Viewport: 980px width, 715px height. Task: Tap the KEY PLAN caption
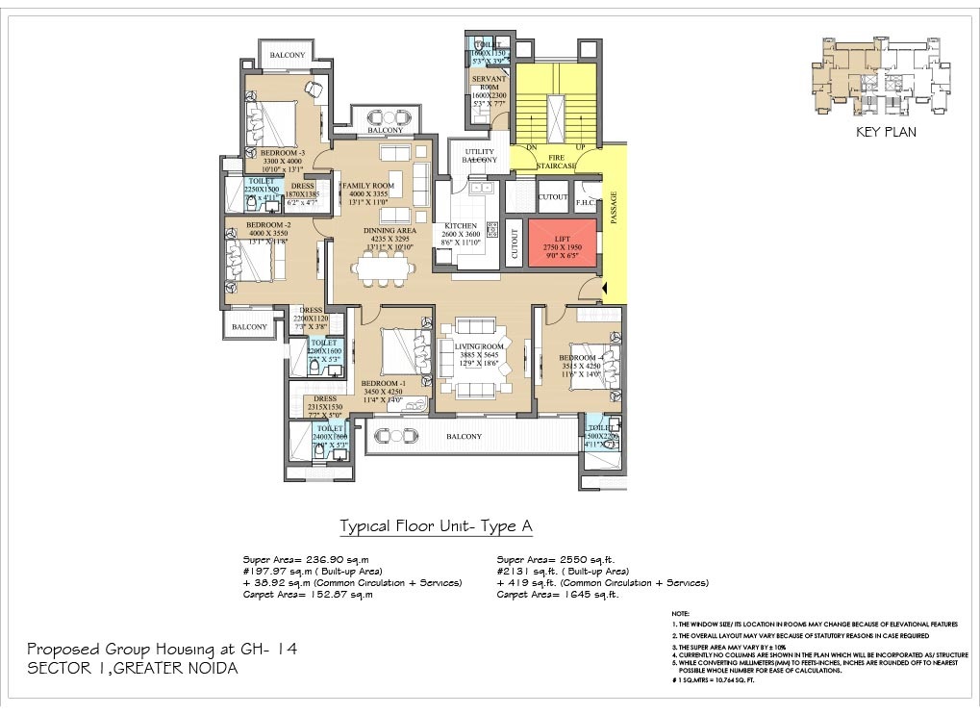(x=885, y=132)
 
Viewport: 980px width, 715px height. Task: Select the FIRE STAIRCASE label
(x=562, y=161)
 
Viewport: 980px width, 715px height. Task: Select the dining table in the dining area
(x=384, y=268)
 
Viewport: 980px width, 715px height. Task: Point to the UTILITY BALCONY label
(x=479, y=156)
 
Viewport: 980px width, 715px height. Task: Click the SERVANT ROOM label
(x=489, y=82)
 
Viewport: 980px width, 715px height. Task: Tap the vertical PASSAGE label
(x=614, y=208)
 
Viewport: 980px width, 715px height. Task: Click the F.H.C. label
(x=586, y=203)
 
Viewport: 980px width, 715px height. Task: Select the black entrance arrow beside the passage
(x=605, y=288)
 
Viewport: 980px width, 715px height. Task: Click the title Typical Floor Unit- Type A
(x=436, y=526)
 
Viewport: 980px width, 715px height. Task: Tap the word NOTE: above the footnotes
(x=680, y=613)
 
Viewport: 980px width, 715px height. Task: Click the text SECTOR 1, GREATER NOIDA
(x=132, y=668)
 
